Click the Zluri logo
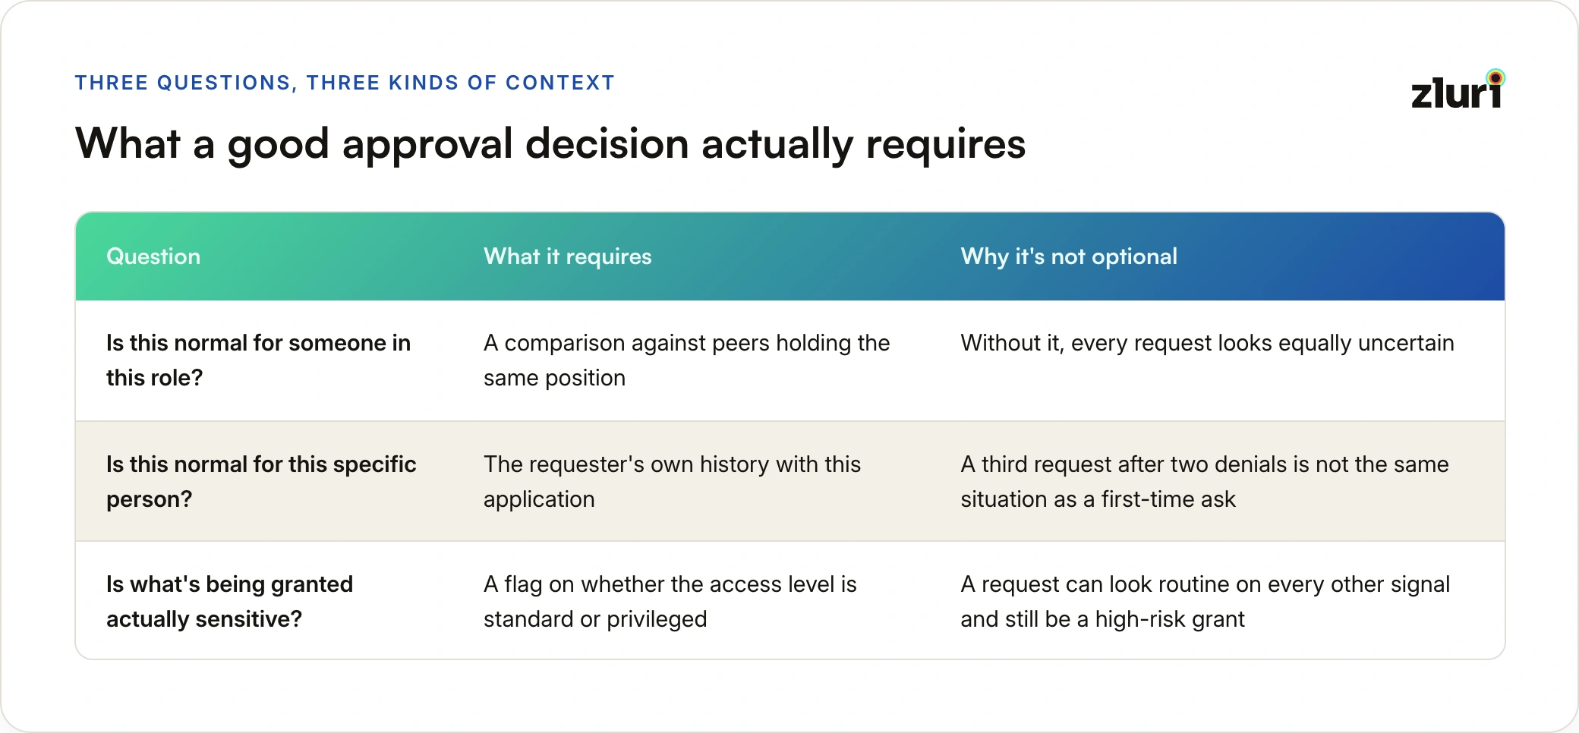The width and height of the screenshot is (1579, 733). point(1458,90)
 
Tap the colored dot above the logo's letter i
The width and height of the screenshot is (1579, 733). point(1495,77)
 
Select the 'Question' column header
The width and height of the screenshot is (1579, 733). point(153,256)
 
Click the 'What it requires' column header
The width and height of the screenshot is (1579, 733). point(568,256)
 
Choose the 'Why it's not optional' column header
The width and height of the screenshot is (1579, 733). point(1069,256)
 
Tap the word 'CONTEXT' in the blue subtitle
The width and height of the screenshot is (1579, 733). point(560,83)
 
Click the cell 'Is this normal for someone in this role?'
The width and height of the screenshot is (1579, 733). point(258,360)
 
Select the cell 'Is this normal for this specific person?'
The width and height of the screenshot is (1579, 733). point(261,482)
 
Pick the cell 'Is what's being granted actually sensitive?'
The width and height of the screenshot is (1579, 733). point(229,602)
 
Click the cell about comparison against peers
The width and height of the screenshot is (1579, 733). point(686,360)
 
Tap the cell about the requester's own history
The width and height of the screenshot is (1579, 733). point(672,482)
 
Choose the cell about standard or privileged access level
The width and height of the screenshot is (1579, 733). point(670,602)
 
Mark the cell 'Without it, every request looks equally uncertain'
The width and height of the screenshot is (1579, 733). point(1207,343)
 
